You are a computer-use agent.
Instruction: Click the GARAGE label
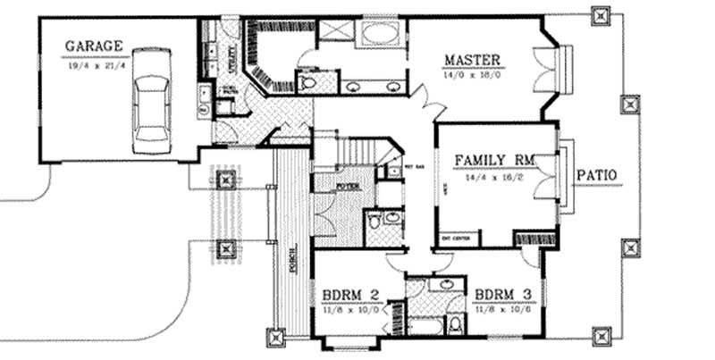coord(92,47)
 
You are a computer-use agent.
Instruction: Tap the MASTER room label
coord(473,62)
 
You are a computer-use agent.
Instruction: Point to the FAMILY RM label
coord(494,161)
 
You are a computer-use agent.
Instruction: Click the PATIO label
coord(597,174)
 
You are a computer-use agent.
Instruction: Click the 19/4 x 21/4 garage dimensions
coord(92,64)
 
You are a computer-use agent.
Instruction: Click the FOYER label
coord(348,187)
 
